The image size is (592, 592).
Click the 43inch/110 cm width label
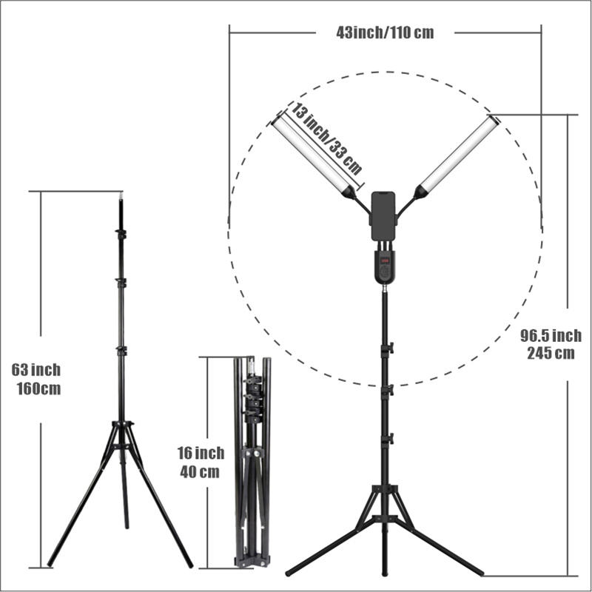(x=385, y=33)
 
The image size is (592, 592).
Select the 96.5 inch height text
(x=552, y=337)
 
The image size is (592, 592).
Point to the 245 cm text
(x=551, y=353)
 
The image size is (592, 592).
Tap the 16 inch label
(x=200, y=453)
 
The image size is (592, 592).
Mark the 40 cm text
(x=199, y=472)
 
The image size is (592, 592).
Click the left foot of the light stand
(x=289, y=572)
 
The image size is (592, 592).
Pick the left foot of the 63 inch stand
(x=50, y=564)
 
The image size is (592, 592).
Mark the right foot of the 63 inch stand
(x=189, y=565)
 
